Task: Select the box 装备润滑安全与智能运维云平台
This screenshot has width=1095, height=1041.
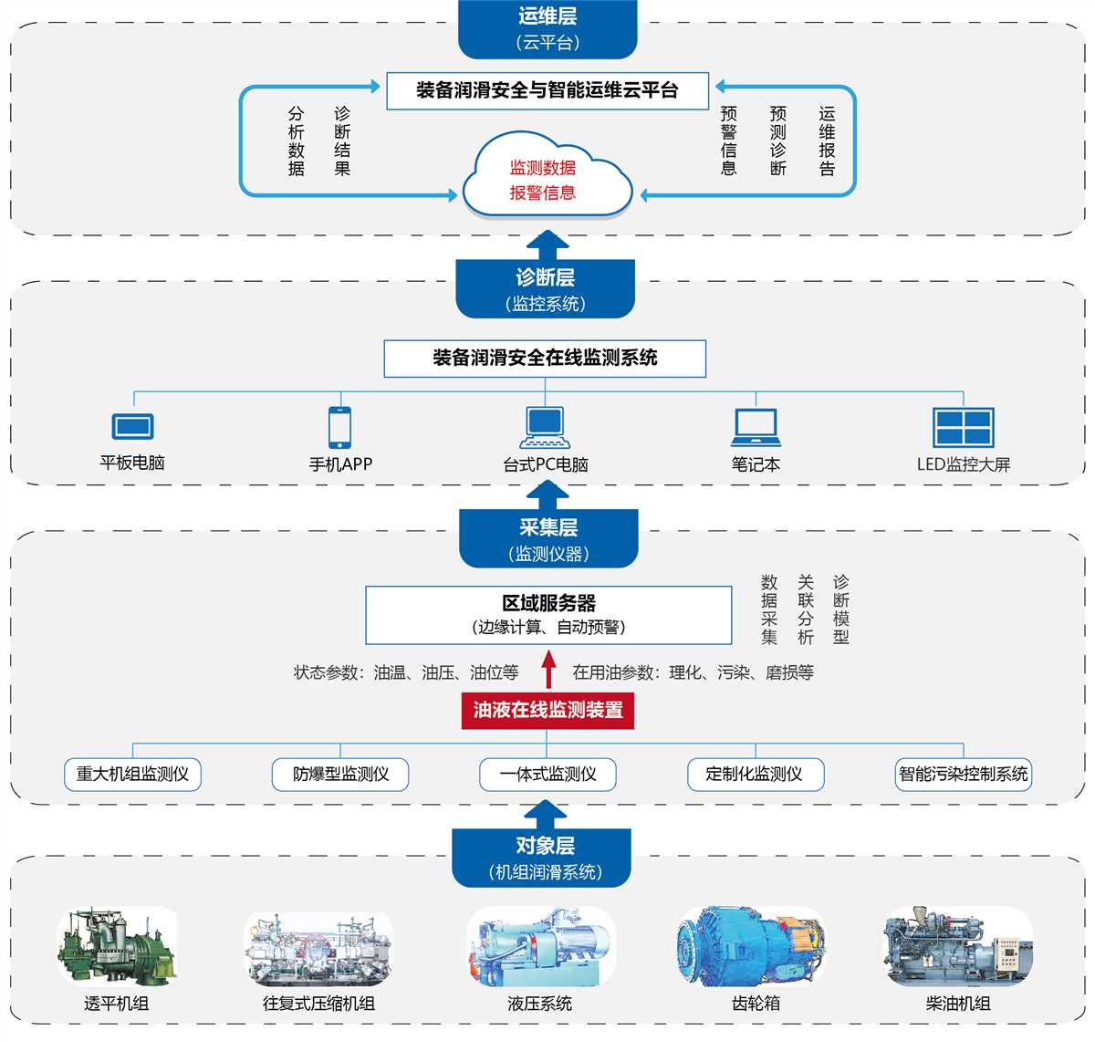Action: point(547,90)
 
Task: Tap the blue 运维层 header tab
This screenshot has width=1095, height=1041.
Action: point(547,28)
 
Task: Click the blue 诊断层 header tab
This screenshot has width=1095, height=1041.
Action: point(546,289)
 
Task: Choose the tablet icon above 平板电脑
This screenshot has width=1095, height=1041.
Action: point(133,426)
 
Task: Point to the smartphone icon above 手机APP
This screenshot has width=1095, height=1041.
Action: point(340,426)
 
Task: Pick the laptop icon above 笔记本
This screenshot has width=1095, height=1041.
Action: point(756,427)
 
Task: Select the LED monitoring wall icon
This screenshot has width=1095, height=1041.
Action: point(963,426)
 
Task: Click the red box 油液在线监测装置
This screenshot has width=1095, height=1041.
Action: point(547,710)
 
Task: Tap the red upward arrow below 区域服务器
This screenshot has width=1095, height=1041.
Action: point(548,669)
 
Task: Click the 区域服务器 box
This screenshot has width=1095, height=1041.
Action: point(548,615)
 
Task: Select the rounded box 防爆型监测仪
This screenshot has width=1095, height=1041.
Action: point(340,775)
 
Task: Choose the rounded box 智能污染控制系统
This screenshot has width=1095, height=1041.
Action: point(963,775)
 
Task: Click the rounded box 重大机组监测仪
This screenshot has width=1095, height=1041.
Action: point(133,775)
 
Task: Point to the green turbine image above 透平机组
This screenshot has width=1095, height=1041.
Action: point(117,947)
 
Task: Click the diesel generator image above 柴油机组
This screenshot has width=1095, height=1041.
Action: point(958,947)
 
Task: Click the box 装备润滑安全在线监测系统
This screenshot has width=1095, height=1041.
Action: point(545,358)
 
